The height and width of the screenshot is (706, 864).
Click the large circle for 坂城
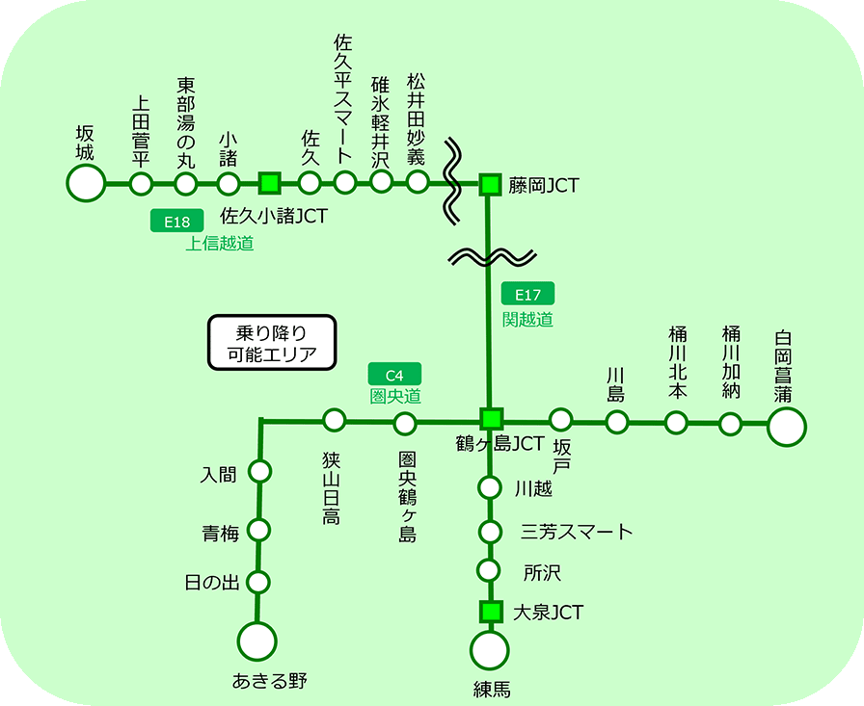pyautogui.click(x=86, y=182)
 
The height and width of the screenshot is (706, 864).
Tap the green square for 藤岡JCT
pyautogui.click(x=491, y=183)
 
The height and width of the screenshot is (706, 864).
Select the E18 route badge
pyautogui.click(x=176, y=222)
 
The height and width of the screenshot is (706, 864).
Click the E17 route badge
pyautogui.click(x=528, y=296)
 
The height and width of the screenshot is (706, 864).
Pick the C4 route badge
pyautogui.click(x=395, y=375)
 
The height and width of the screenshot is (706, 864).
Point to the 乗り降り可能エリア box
pyautogui.click(x=272, y=344)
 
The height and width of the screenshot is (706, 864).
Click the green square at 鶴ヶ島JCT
pyautogui.click(x=492, y=419)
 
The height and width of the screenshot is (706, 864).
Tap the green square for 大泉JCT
pyautogui.click(x=492, y=612)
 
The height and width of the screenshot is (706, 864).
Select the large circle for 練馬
pyautogui.click(x=490, y=651)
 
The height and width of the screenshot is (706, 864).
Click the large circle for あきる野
pyautogui.click(x=257, y=641)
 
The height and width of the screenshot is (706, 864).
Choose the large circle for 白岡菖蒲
pyautogui.click(x=786, y=427)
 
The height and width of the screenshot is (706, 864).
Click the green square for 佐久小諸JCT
pyautogui.click(x=270, y=181)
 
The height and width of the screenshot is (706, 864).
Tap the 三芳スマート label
pyautogui.click(x=577, y=532)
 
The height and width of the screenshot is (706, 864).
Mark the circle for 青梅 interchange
pyautogui.click(x=258, y=530)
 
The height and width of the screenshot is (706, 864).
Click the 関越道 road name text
pyautogui.click(x=527, y=319)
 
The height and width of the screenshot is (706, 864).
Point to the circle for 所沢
pyautogui.click(x=490, y=570)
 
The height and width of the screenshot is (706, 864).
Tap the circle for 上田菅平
pyautogui.click(x=141, y=183)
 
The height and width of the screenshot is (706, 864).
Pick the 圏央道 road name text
pyautogui.click(x=395, y=396)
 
